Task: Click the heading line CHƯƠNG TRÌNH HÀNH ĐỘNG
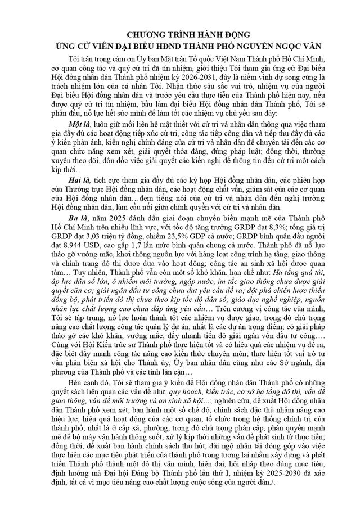click(181, 34)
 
